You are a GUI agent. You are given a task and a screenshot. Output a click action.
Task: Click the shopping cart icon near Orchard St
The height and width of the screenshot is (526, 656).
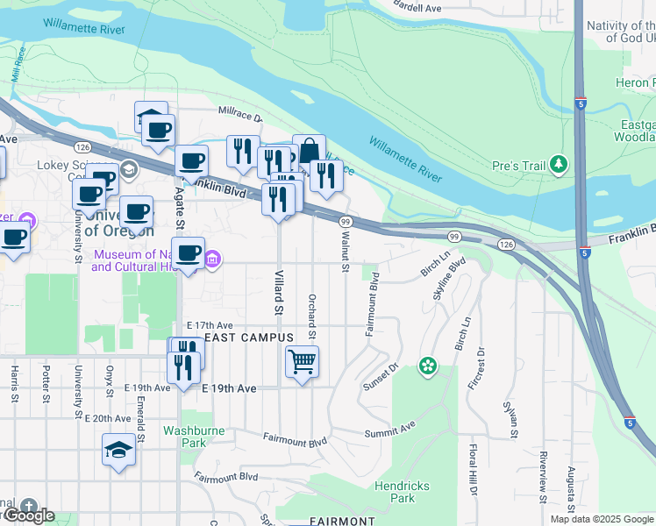click(x=302, y=361)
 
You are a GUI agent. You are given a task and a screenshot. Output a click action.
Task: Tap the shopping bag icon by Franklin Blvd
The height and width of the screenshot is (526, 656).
click(x=309, y=152)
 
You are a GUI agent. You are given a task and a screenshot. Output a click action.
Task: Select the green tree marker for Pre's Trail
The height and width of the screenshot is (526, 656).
click(x=558, y=164)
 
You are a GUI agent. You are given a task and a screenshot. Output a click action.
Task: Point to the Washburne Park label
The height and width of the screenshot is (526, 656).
click(x=194, y=437)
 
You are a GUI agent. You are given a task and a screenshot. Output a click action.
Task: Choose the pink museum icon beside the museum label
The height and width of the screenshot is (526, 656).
click(x=212, y=259)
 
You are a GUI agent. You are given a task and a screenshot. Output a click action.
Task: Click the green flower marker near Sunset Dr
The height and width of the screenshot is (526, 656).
click(x=428, y=366)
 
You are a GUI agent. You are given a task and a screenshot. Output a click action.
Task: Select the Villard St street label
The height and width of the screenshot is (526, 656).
click(x=279, y=295)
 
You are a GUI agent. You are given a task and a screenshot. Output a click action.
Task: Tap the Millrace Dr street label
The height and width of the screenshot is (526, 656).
click(x=239, y=115)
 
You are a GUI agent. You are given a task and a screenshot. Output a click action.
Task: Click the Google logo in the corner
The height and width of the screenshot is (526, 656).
click(x=28, y=515)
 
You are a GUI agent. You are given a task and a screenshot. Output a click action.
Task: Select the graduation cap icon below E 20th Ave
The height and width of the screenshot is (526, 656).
click(x=118, y=451)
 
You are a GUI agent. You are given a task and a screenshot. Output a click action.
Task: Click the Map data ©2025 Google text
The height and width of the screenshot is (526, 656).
click(x=601, y=519)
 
